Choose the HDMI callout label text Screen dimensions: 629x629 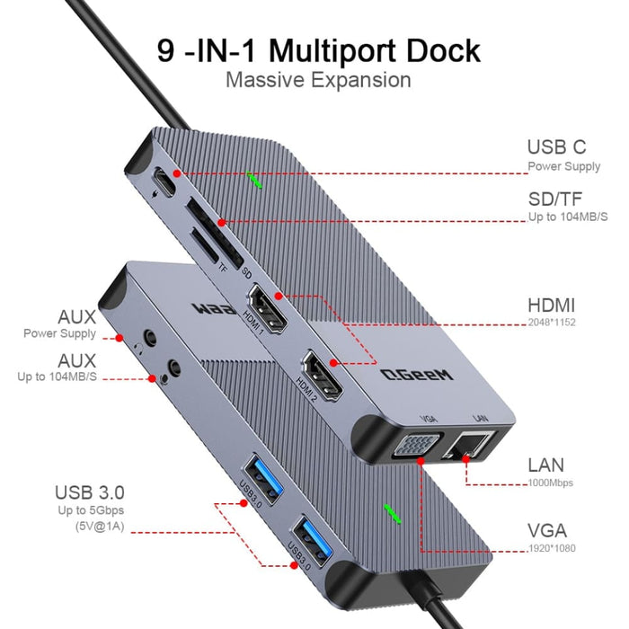pos(552,306)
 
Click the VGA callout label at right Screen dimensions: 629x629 pos(546,531)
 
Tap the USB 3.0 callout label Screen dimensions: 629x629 pos(89,492)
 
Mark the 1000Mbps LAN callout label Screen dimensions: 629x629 pos(546,465)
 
